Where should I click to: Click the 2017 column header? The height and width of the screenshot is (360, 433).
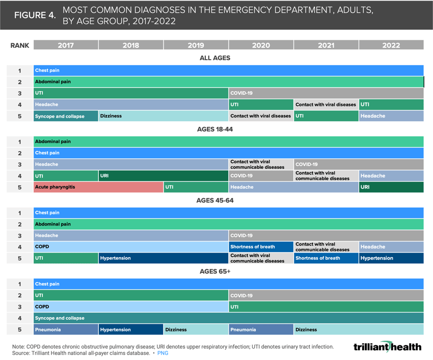pos(66,45)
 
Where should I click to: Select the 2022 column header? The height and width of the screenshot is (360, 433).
pos(391,45)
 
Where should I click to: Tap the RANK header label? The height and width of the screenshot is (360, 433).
pos(20,45)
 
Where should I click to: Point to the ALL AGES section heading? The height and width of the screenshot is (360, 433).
pos(215,58)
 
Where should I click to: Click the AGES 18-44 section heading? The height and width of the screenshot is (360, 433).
pos(215,129)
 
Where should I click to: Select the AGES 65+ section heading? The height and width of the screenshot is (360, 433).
pos(215,271)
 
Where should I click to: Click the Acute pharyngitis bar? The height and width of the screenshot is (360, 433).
pos(98,187)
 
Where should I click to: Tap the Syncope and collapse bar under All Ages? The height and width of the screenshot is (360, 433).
pos(66,116)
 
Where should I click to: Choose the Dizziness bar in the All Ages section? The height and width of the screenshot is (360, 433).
pos(163,116)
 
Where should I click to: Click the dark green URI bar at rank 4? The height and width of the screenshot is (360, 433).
pos(163,176)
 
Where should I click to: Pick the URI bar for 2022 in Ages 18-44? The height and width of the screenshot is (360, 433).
pos(391,187)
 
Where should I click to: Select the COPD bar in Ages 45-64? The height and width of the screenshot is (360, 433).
pos(131,247)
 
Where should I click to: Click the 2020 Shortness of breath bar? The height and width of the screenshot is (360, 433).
pos(261,247)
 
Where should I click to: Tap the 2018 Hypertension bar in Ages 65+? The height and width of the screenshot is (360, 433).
pos(131,329)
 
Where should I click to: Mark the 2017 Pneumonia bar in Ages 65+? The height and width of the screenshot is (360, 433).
pos(66,329)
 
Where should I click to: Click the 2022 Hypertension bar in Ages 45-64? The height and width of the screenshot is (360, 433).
pos(391,258)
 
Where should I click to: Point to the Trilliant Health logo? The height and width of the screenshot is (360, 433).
pos(387,347)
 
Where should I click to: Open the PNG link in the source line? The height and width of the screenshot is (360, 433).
pos(163,353)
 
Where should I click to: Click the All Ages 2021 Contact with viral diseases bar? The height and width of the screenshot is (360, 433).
pos(326,104)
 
